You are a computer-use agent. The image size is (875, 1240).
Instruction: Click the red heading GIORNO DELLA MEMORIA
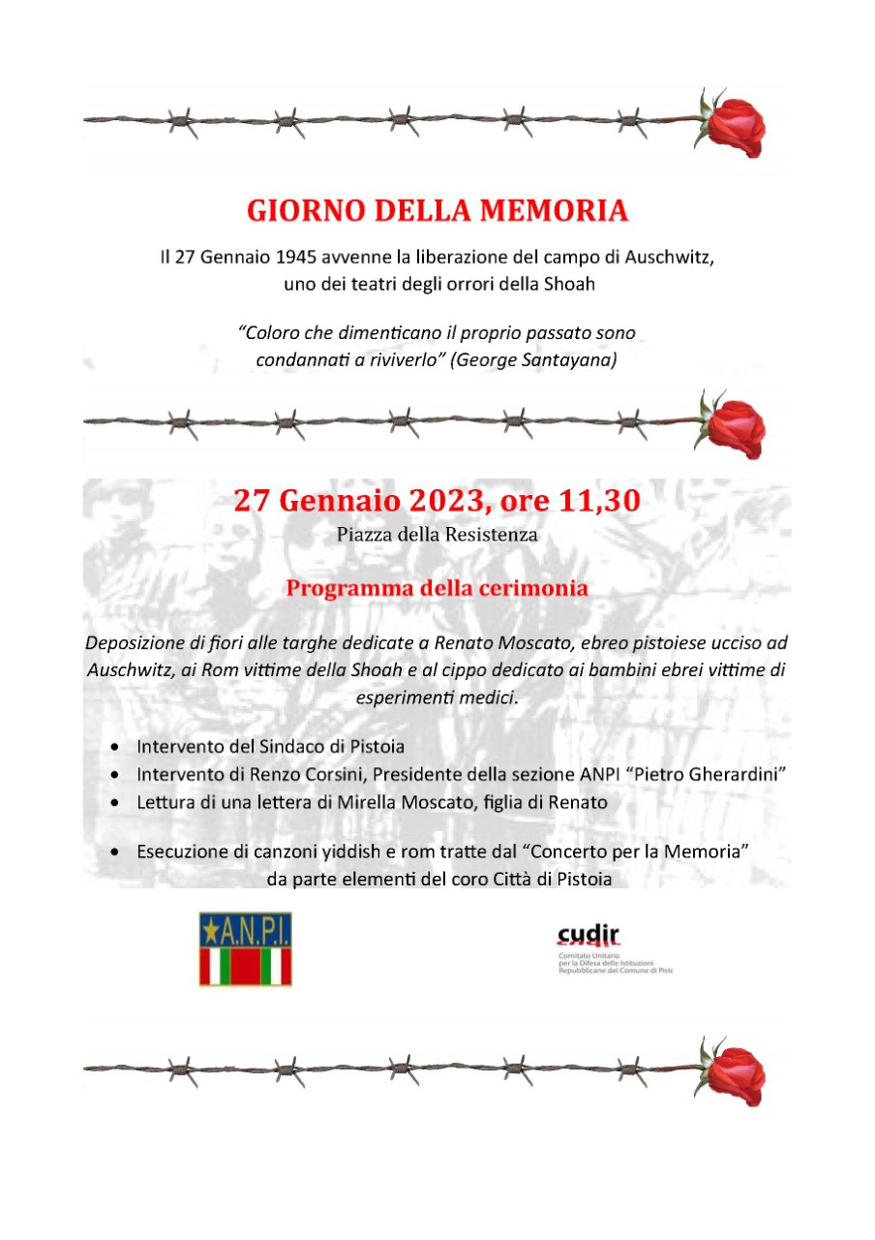(437, 209)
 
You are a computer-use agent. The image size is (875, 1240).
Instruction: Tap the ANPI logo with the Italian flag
(246, 948)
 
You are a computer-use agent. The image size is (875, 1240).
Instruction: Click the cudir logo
(589, 937)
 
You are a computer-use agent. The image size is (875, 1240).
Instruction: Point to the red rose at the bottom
(735, 1074)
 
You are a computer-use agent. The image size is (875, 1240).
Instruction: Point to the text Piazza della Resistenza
(437, 534)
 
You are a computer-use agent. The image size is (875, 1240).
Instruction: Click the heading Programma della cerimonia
(437, 588)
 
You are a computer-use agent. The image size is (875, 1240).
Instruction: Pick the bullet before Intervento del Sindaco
(116, 748)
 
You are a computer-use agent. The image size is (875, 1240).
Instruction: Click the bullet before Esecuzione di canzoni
(116, 853)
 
